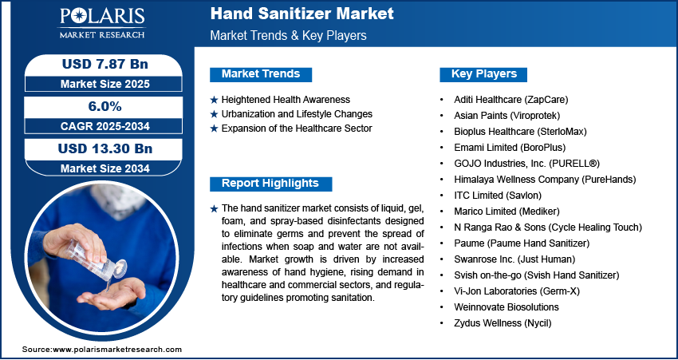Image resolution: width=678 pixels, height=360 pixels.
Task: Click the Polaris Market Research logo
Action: (x=102, y=23)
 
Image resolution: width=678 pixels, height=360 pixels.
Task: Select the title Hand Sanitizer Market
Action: (x=302, y=14)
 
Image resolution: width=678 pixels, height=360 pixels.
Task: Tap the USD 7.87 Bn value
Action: (x=105, y=64)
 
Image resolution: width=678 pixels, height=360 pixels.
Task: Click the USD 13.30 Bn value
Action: (x=105, y=148)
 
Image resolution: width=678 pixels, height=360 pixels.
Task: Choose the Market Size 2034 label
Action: (x=105, y=168)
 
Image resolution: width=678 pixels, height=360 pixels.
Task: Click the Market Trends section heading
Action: (x=261, y=74)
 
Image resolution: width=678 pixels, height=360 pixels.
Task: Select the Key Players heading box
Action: (x=483, y=74)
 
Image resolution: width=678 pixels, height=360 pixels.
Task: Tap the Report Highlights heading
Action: (x=270, y=184)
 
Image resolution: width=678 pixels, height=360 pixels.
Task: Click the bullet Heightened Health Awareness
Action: (x=286, y=100)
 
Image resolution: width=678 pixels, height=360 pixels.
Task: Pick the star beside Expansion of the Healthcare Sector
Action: (x=214, y=129)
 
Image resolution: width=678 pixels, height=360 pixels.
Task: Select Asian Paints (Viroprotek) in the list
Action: (x=507, y=116)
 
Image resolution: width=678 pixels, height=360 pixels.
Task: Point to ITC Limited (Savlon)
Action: (x=498, y=196)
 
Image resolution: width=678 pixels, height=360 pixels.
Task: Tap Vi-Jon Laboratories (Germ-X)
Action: (x=517, y=291)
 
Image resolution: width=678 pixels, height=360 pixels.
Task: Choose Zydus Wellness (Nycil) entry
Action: (x=503, y=322)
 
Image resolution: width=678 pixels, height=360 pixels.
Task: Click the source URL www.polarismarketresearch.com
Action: (x=117, y=349)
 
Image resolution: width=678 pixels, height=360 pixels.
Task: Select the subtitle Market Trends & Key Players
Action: (x=289, y=35)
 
